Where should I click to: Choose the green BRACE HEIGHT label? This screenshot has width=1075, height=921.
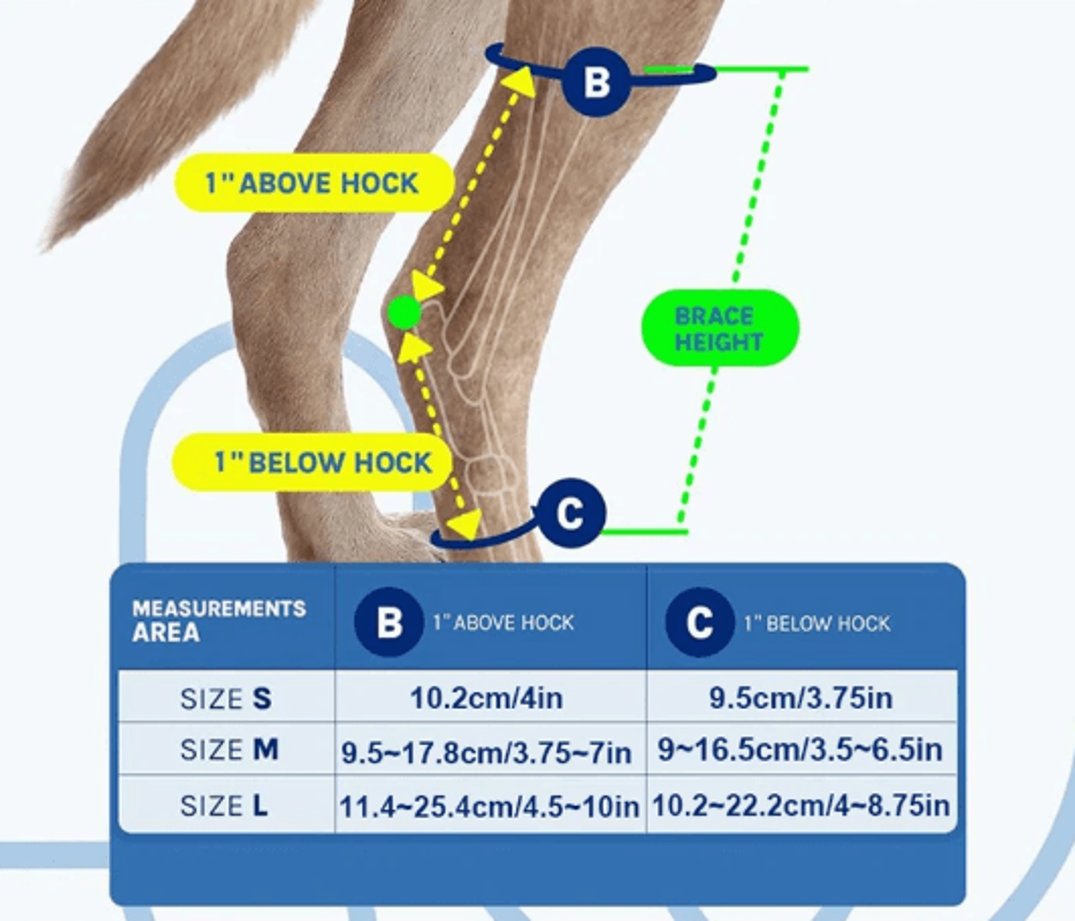[720, 328]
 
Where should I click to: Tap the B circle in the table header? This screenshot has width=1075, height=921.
[389, 622]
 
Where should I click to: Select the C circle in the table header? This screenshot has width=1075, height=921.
[699, 622]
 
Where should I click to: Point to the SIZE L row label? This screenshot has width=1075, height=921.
[224, 805]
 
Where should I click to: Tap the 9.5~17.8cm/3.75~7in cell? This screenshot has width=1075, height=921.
[487, 753]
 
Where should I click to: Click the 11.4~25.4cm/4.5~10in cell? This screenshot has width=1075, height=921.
[489, 806]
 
